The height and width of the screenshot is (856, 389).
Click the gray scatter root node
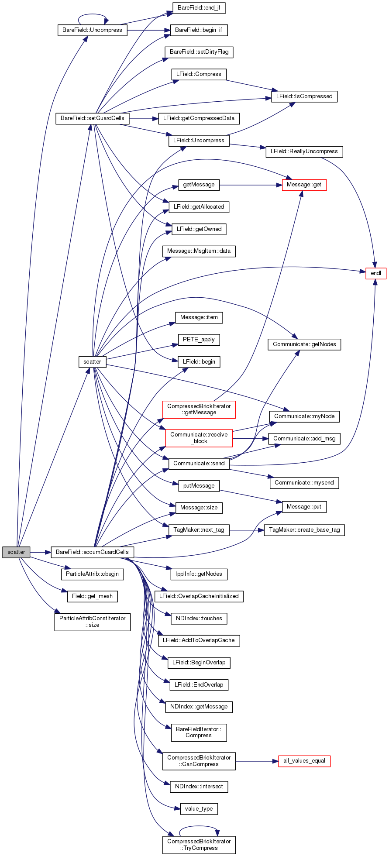[16, 552]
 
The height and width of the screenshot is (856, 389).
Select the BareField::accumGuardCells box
[93, 552]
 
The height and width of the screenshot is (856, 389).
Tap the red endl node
[376, 273]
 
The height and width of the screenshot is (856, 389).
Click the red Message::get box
[304, 185]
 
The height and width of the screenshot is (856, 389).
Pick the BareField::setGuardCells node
[93, 118]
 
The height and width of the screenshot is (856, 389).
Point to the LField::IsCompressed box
[304, 96]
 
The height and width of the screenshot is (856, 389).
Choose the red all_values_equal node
[304, 761]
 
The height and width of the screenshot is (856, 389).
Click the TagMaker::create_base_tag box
[304, 530]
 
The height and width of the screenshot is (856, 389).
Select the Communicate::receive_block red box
[199, 438]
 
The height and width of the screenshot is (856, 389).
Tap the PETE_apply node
[199, 340]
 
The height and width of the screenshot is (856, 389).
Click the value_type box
[199, 809]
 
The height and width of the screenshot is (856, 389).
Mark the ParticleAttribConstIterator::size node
[93, 622]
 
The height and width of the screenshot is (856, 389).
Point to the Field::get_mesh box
[93, 596]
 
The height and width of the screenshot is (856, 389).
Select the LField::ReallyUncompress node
[304, 151]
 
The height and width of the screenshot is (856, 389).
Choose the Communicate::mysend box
[304, 483]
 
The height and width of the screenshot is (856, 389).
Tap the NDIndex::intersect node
[199, 787]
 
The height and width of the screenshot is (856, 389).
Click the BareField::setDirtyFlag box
[199, 52]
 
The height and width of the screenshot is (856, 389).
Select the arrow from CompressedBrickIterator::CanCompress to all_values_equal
[257, 761]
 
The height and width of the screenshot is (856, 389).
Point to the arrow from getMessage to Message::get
[251, 185]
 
